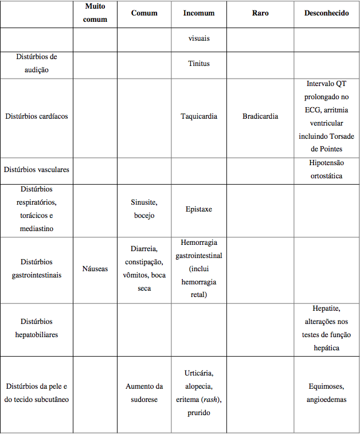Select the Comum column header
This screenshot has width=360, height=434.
(144, 13)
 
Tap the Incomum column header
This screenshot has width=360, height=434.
(199, 13)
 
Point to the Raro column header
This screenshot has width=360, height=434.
(260, 13)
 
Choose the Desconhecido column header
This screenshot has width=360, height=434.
(326, 13)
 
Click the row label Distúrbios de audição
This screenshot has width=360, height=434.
(36, 63)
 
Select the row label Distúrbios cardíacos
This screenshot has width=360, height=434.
(36, 116)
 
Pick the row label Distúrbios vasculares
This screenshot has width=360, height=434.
(36, 170)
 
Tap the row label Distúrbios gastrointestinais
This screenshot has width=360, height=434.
(36, 269)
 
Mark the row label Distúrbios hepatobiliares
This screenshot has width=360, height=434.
(36, 329)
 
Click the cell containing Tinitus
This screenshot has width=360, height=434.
(199, 64)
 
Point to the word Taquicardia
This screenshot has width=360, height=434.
(199, 116)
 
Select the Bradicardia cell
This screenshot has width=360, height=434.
(260, 116)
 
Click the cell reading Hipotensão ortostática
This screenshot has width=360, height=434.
(326, 170)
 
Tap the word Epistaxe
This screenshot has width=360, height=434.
(199, 209)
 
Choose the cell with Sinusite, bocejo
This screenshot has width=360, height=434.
(144, 209)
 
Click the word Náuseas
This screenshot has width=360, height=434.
(95, 269)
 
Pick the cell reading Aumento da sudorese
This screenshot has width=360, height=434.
(144, 393)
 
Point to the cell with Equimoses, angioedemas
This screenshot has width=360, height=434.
(326, 393)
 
